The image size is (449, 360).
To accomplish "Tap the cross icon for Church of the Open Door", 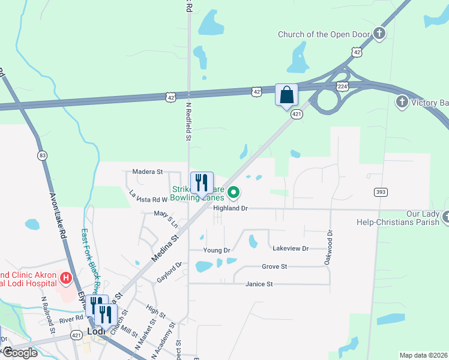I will (x=379, y=34).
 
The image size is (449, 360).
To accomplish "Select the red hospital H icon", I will (x=66, y=278).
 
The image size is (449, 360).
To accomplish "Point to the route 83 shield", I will (x=41, y=156).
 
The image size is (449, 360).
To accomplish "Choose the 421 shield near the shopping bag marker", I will (x=296, y=113).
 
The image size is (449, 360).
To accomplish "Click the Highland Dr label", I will (x=231, y=208).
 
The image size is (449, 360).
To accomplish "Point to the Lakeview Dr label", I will (x=290, y=248).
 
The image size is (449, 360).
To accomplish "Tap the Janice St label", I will (x=259, y=284).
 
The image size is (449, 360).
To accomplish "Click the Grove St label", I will (x=274, y=266).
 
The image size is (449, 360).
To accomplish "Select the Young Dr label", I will (x=217, y=250).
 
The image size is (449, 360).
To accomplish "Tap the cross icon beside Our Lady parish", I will (x=446, y=217).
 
